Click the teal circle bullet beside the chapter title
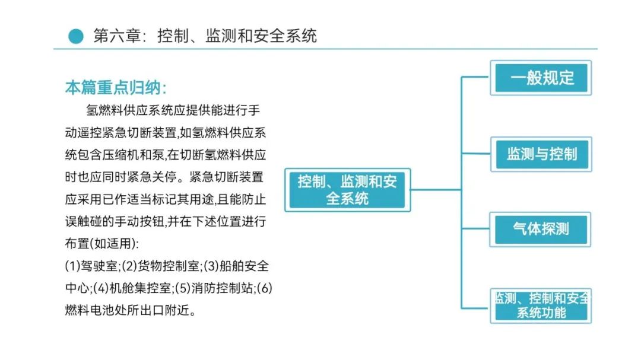(75, 36)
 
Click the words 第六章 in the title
(117, 36)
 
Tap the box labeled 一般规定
(541, 78)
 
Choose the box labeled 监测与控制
(541, 154)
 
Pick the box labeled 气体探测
(541, 230)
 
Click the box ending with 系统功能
(541, 305)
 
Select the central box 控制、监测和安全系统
(347, 190)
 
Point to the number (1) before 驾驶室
(73, 266)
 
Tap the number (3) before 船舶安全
(211, 266)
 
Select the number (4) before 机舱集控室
(101, 288)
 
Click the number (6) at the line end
(265, 288)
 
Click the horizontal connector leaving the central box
(436, 190)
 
